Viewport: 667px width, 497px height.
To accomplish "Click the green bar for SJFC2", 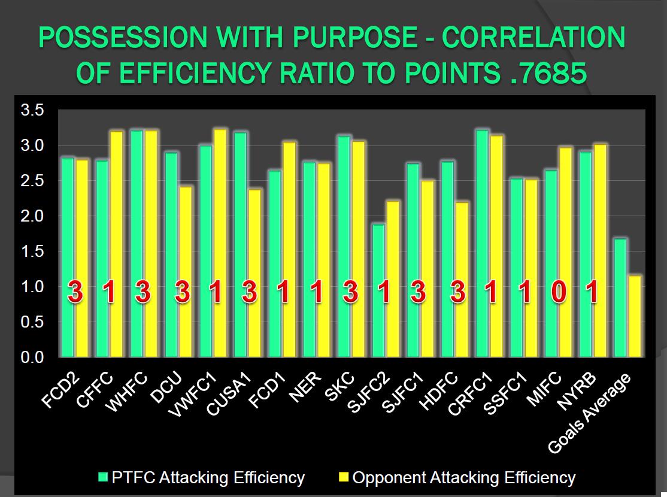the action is point(378,290).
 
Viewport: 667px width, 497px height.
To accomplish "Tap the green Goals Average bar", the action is point(620,298).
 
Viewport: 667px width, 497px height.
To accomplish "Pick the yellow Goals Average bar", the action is point(635,317).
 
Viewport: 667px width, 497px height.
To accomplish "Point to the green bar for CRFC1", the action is point(482,243).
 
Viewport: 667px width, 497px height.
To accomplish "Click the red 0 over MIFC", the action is point(559,292).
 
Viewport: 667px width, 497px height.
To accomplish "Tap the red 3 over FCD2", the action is point(75,292).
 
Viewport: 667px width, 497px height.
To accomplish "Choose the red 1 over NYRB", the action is point(593,292).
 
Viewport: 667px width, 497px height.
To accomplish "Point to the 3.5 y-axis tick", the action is point(32,110).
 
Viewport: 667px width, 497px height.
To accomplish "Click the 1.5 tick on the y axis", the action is point(32,251).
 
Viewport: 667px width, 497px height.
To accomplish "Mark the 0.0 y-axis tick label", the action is point(32,357).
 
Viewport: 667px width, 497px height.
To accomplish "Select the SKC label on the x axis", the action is point(339,387).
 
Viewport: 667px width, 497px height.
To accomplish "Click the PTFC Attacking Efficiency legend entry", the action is point(202,477).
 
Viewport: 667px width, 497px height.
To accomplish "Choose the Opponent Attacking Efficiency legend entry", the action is point(457,477).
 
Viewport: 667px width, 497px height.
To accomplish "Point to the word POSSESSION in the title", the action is point(123,38).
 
